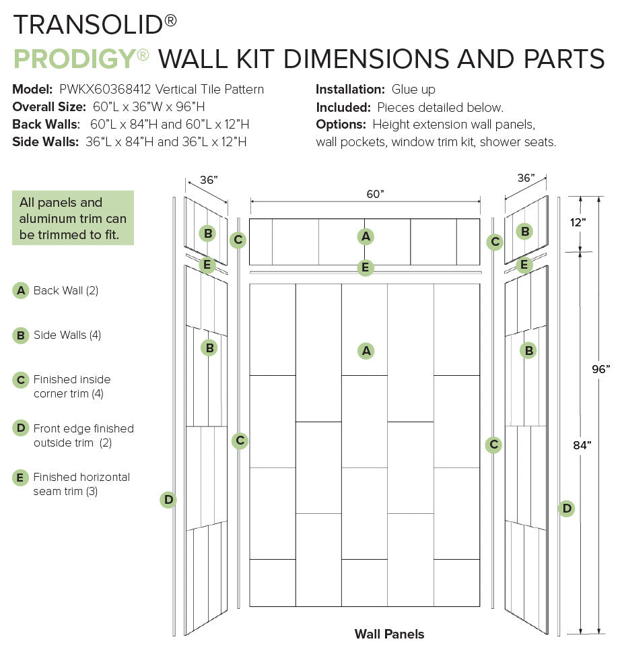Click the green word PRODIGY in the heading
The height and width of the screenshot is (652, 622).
pos(74,59)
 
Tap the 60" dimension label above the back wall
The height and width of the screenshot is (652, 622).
pos(375,194)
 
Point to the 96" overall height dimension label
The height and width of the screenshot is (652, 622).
pos(601,368)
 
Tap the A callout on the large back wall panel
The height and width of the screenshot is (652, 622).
pos(366,351)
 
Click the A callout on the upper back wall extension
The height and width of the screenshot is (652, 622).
pos(366,236)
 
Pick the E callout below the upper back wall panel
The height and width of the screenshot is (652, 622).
pos(365,267)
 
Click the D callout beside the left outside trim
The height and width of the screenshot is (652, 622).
pos(168,500)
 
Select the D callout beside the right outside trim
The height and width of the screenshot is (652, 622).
pos(567,509)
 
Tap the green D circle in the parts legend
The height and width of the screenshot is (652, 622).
pos(21,428)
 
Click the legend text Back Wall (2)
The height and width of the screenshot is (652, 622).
pos(66,291)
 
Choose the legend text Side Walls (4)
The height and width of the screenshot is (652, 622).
pos(67,335)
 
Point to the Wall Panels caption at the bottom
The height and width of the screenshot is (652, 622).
pos(389,634)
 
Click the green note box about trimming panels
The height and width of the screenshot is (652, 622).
pos(73,218)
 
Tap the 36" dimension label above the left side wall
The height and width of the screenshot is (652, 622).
pos(209,180)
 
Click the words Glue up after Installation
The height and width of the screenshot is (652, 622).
pos(413,90)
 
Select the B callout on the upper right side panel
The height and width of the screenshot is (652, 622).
pos(525,232)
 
